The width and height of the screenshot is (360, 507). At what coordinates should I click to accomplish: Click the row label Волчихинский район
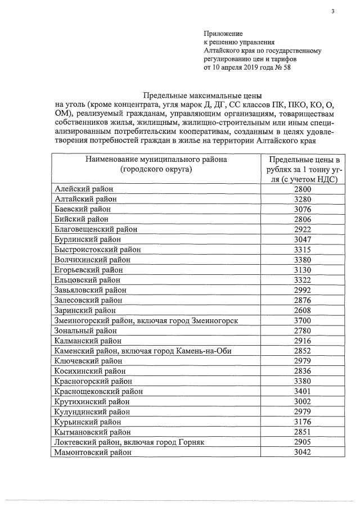tap(92, 259)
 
